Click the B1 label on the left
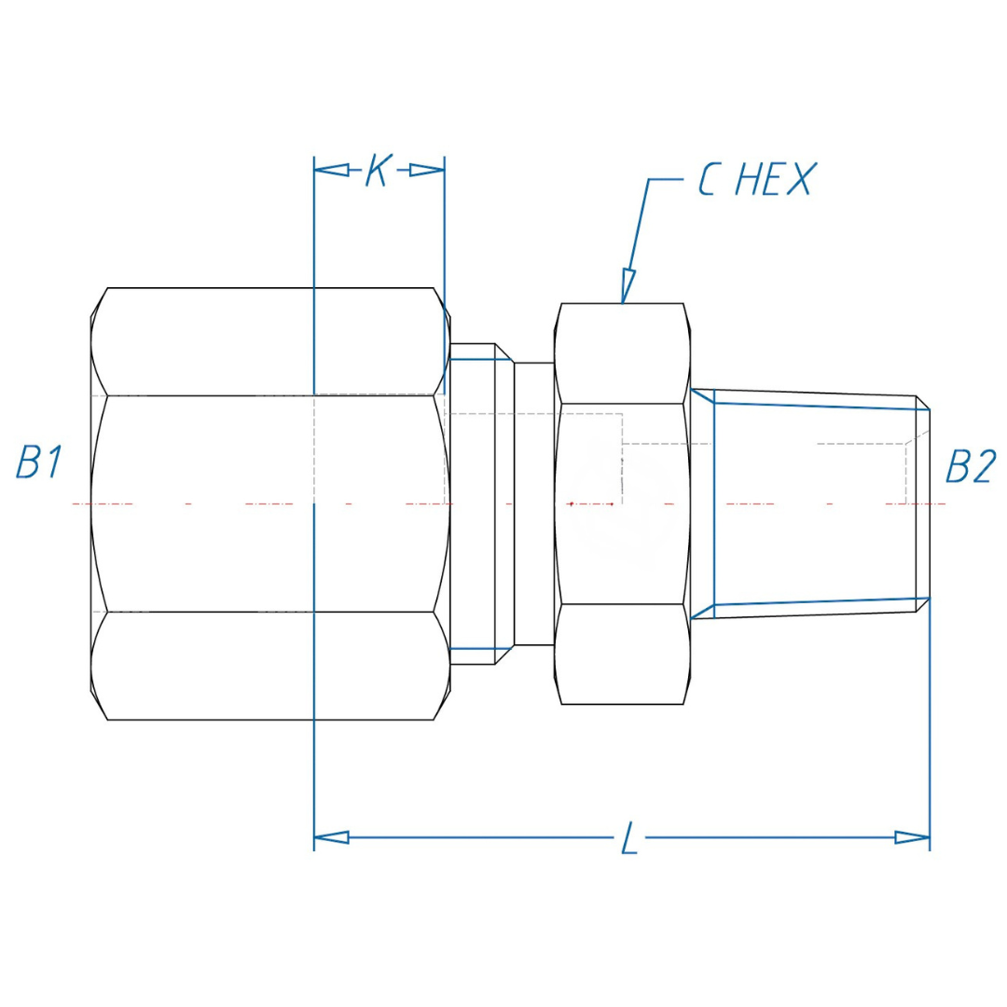tap(39, 463)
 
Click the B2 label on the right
tap(970, 466)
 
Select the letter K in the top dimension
tap(377, 171)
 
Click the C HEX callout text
tap(755, 179)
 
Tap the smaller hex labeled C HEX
tap(623, 504)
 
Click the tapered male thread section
tap(811, 504)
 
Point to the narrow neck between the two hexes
tap(534, 504)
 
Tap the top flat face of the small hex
tap(623, 353)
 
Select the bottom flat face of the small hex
tap(623, 654)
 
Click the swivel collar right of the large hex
tap(480, 504)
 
